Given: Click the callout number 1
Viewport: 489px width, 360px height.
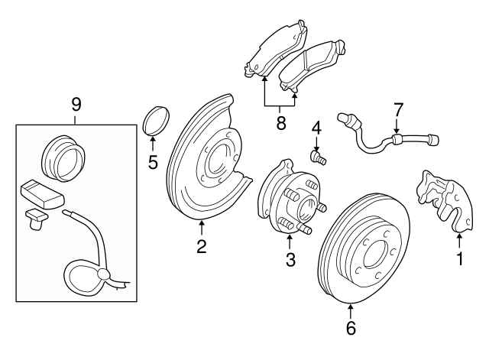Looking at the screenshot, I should click(x=460, y=260).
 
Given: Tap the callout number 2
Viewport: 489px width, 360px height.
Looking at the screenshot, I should click(x=201, y=246).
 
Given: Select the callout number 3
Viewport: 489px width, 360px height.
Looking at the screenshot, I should click(x=290, y=260).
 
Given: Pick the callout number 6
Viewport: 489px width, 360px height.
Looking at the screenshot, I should click(x=351, y=329).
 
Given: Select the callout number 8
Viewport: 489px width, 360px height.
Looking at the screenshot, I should click(x=280, y=122).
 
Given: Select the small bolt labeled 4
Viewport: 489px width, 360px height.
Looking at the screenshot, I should click(x=318, y=157).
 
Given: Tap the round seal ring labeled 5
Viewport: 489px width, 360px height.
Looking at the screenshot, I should click(x=155, y=122).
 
